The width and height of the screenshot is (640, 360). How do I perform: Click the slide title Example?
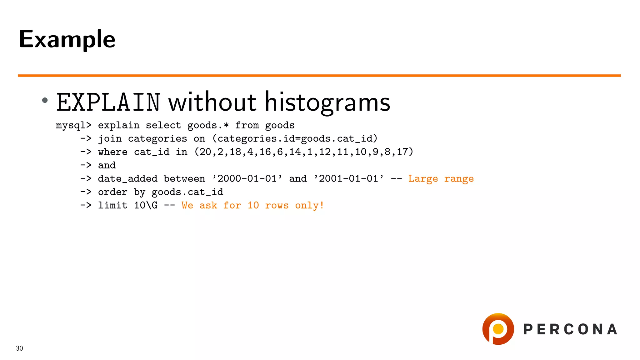coord(67,39)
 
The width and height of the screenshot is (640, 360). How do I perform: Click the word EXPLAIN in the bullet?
coord(108,102)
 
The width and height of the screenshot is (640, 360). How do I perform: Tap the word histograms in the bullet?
coord(327,102)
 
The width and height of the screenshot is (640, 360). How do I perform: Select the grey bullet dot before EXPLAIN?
coord(45,100)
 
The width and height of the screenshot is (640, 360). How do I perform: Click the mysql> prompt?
coord(74,126)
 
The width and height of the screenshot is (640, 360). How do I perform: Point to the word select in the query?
coord(163,126)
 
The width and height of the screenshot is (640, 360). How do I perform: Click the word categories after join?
coord(157,139)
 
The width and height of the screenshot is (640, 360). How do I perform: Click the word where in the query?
coord(112,152)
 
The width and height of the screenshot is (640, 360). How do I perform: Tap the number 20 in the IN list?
coord(205,152)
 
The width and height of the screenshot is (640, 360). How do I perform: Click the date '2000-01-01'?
coord(247,179)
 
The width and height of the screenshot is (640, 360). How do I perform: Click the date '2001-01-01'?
coord(349,179)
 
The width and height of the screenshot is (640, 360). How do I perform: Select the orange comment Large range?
coord(441,179)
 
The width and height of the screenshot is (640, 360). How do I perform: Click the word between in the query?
coord(184,179)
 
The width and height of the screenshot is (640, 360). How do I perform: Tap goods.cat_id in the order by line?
coord(187,192)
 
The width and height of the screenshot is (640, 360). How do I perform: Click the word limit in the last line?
coord(112,206)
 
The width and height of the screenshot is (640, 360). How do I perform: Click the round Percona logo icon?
coord(498,329)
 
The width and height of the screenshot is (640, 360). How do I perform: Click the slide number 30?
coord(19,348)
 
